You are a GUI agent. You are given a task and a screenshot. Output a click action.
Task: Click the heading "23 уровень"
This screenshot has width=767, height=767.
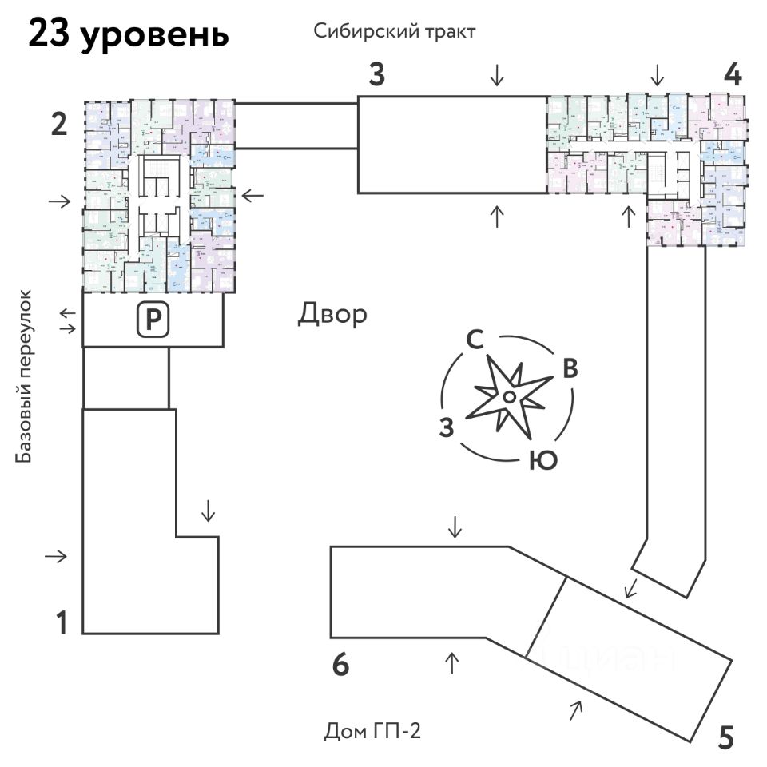click(x=129, y=36)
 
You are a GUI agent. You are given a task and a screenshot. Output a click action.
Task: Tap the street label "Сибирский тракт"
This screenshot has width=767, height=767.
click(x=395, y=32)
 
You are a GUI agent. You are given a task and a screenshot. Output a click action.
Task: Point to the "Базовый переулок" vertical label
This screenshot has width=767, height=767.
click(x=26, y=376)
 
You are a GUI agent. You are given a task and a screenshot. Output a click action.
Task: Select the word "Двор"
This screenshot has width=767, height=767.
click(x=332, y=314)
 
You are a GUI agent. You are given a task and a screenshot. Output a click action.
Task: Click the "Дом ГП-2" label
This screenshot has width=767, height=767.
click(x=372, y=731)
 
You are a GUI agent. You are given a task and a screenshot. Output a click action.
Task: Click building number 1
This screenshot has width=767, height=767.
click(x=61, y=622)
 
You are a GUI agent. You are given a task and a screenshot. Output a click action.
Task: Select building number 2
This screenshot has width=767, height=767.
click(x=58, y=125)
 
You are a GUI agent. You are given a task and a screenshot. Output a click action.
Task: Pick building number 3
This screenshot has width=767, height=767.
click(x=377, y=76)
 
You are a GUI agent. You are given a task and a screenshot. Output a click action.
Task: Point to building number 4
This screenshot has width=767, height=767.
click(x=732, y=75)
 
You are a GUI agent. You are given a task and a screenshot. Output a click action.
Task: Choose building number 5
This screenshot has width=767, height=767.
click(x=725, y=737)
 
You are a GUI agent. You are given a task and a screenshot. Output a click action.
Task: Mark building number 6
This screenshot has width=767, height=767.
click(x=341, y=665)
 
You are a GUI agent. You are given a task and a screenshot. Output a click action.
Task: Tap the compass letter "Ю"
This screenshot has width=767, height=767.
click(x=543, y=461)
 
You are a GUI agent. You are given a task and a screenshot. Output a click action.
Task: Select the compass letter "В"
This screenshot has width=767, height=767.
click(x=570, y=369)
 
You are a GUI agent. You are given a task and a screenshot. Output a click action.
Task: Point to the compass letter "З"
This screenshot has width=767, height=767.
click(x=447, y=427)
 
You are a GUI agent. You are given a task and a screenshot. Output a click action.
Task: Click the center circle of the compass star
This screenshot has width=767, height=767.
click(x=508, y=396)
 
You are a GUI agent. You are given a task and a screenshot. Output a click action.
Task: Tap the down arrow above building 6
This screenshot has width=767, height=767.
click(x=455, y=527)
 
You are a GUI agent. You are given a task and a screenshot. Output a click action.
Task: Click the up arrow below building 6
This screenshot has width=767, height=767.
click(x=452, y=662)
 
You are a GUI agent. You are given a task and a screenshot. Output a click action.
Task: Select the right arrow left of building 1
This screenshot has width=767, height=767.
click(x=58, y=556)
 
